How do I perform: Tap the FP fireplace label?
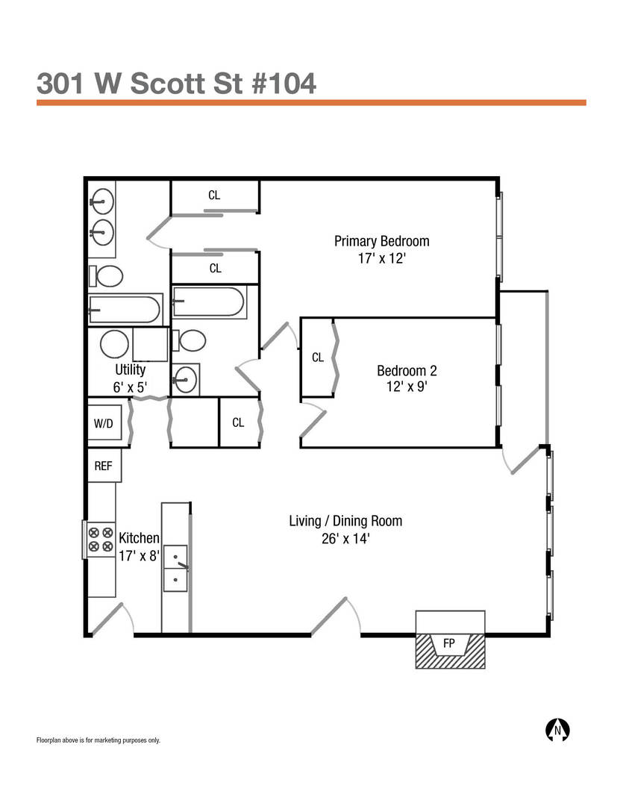point(448,643)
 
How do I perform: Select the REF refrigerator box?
point(104,466)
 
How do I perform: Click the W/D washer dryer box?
point(104,424)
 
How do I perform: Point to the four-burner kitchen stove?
point(100,540)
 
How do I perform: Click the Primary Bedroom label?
point(381,241)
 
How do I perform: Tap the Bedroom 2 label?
point(407,370)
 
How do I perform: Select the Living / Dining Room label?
point(345,521)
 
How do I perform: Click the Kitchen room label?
point(140,538)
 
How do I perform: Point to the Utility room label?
point(131,369)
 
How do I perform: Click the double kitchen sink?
point(176,566)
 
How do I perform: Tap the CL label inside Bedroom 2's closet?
point(318,357)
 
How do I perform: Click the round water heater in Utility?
point(114,345)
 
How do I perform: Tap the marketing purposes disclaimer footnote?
point(98,740)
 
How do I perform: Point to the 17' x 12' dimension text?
point(381,259)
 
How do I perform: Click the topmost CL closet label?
point(214,196)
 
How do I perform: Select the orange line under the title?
point(311,103)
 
